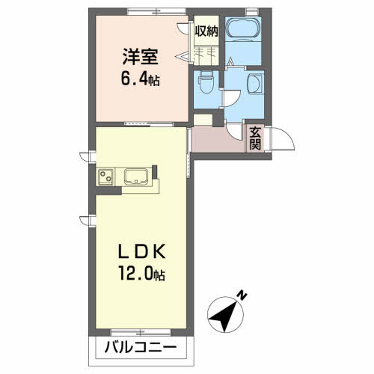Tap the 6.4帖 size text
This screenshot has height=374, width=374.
(x=140, y=77)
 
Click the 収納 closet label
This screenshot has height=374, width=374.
(x=207, y=31)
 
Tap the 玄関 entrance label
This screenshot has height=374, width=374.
(x=256, y=139)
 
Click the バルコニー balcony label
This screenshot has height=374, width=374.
(x=140, y=349)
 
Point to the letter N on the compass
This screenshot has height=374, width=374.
(x=242, y=295)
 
